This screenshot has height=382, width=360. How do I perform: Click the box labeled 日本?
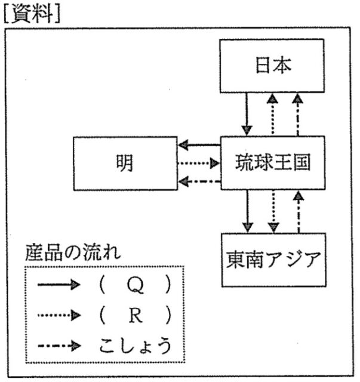[x=274, y=66]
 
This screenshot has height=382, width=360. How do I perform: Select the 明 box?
[x=125, y=162]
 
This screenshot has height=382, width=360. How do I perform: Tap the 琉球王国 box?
[x=273, y=162]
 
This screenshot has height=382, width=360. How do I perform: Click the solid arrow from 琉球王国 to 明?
[x=199, y=145]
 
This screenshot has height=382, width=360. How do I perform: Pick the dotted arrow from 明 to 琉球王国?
[x=199, y=163]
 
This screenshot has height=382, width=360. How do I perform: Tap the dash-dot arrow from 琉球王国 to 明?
[x=199, y=180]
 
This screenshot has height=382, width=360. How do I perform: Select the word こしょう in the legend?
[x=134, y=344]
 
